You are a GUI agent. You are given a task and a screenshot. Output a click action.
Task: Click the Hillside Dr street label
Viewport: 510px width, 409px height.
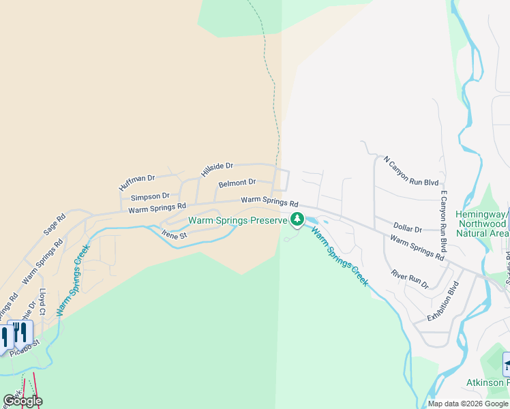(217, 166)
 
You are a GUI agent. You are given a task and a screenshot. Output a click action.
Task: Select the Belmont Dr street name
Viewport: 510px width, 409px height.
(237, 183)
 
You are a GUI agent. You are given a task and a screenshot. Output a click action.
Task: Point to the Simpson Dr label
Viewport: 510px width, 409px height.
(149, 196)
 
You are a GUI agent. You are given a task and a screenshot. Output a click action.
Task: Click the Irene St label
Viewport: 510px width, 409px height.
(174, 234)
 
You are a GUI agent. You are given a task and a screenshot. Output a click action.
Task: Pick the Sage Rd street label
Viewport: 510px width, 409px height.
(55, 224)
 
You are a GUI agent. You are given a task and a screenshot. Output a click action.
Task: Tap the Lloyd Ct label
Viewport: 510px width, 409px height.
(42, 301)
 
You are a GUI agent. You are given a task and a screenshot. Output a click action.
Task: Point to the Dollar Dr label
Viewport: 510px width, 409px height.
(407, 228)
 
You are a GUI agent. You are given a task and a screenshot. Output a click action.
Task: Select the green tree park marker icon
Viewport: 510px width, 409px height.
(297, 219)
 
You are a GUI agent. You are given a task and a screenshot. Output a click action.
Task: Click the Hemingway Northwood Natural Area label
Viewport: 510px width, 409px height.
(481, 224)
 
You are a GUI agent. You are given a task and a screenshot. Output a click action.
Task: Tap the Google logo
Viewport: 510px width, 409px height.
(22, 401)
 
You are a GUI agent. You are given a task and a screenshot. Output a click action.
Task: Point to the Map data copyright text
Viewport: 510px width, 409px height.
(467, 404)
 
